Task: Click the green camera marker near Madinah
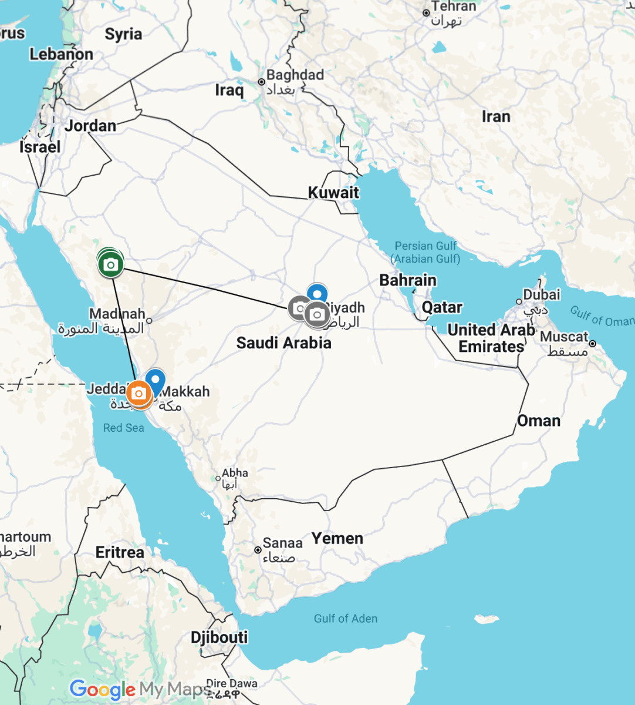click(110, 265)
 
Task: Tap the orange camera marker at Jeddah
click(139, 393)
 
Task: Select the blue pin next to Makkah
click(155, 380)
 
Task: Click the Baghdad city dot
click(262, 82)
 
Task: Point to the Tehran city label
click(453, 7)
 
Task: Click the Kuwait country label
click(333, 192)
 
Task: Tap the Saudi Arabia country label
click(283, 343)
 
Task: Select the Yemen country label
click(337, 538)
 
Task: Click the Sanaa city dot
click(258, 550)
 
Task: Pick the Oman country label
click(538, 421)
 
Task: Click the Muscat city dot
click(593, 344)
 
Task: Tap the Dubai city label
click(542, 294)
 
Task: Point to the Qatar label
click(442, 307)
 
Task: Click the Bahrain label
click(408, 280)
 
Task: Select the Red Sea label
click(123, 428)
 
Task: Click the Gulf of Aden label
click(345, 618)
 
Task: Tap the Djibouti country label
click(219, 637)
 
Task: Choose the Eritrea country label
click(120, 552)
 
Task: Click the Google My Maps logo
click(140, 689)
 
